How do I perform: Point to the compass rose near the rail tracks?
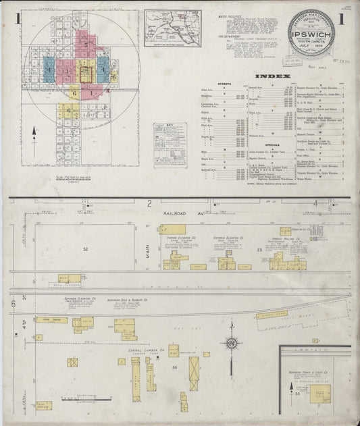(232, 344)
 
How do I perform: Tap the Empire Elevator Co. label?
(176, 238)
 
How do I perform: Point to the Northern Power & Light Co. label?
(318, 372)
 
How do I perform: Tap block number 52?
(85, 249)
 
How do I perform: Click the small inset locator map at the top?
(172, 28)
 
